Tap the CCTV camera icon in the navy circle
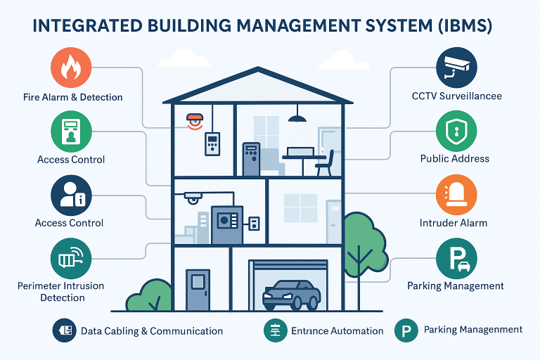pyautogui.click(x=456, y=66)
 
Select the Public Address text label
pyautogui.click(x=454, y=159)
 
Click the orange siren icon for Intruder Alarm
pyautogui.click(x=456, y=195)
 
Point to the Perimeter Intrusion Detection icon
pyautogui.click(x=71, y=258)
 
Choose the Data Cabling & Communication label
pyautogui.click(x=152, y=330)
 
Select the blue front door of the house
pyautogui.click(x=198, y=289)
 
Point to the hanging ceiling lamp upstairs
pyautogui.click(x=297, y=117)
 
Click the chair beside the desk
pyautogui.click(x=326, y=163)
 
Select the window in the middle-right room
pyautogui.click(x=300, y=208)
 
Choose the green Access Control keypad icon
pyautogui.click(x=71, y=131)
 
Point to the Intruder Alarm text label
pyautogui.click(x=453, y=223)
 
